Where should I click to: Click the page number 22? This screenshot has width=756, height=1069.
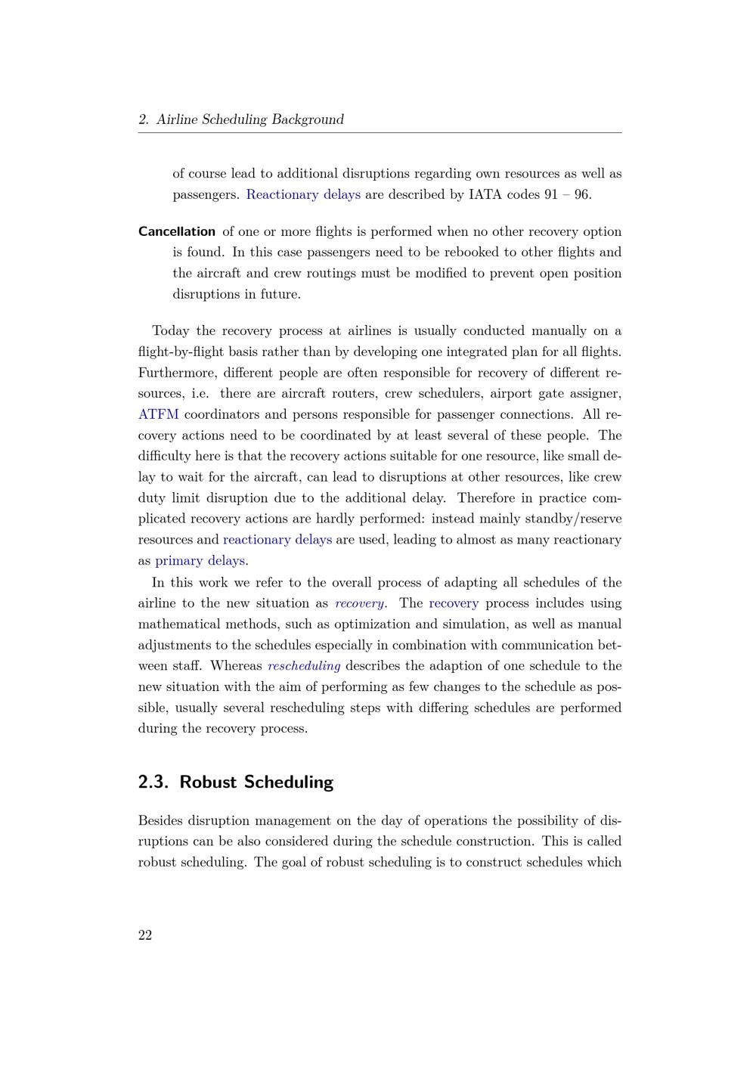145,935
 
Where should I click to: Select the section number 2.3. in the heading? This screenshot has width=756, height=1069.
153,782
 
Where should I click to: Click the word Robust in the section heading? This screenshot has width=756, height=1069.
208,782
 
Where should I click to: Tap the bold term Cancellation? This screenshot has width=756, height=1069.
177,231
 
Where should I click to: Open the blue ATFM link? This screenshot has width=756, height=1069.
159,414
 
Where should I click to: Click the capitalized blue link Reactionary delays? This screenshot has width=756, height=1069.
303,194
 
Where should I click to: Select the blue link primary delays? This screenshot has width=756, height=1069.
200,560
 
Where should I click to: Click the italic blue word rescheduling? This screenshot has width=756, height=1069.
304,666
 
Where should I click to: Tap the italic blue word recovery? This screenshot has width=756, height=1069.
359,603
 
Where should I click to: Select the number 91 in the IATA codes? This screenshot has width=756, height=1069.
552,194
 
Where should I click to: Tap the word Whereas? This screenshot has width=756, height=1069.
236,666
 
